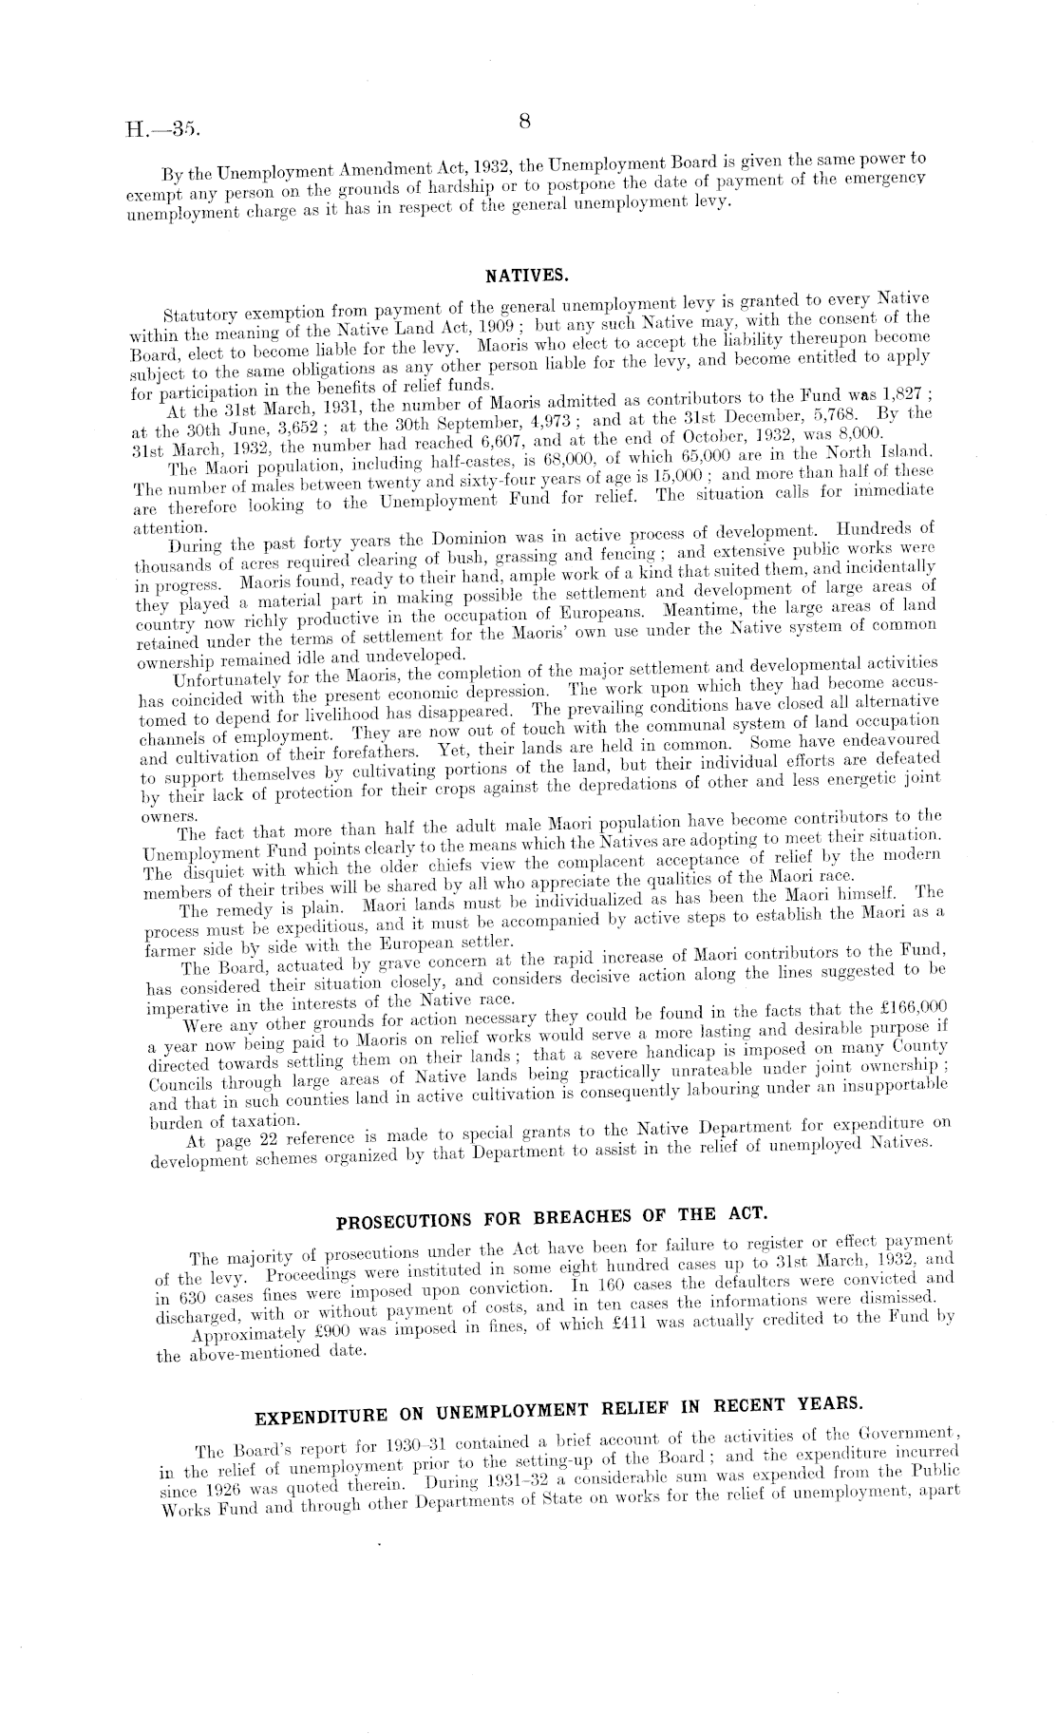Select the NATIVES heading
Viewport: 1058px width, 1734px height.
[x=527, y=276]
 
